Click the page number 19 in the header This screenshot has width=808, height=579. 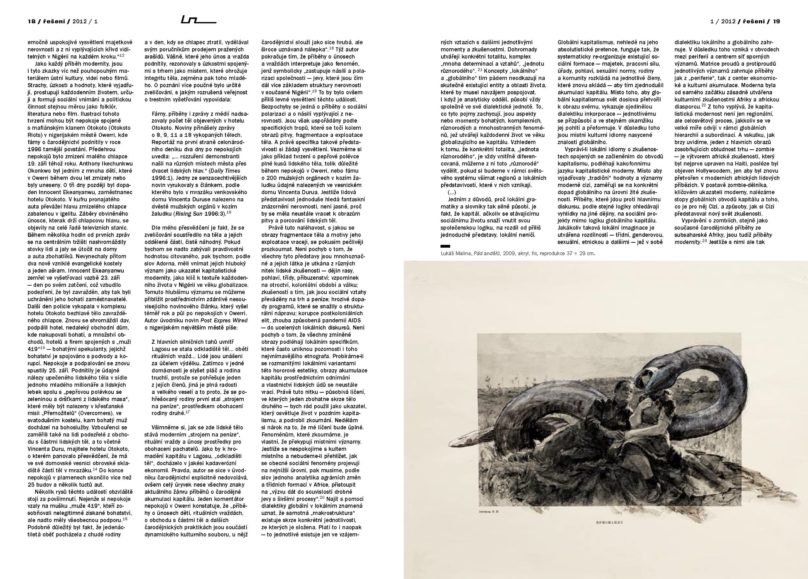pyautogui.click(x=776, y=21)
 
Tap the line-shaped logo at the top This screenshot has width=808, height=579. pyautogui.click(x=198, y=20)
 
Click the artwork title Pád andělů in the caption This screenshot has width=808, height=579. pyautogui.click(x=487, y=253)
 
